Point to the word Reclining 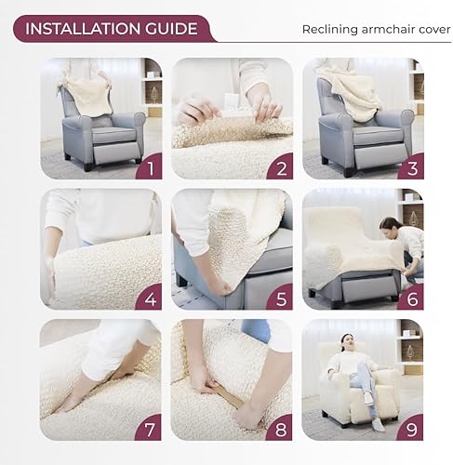point(327,30)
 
